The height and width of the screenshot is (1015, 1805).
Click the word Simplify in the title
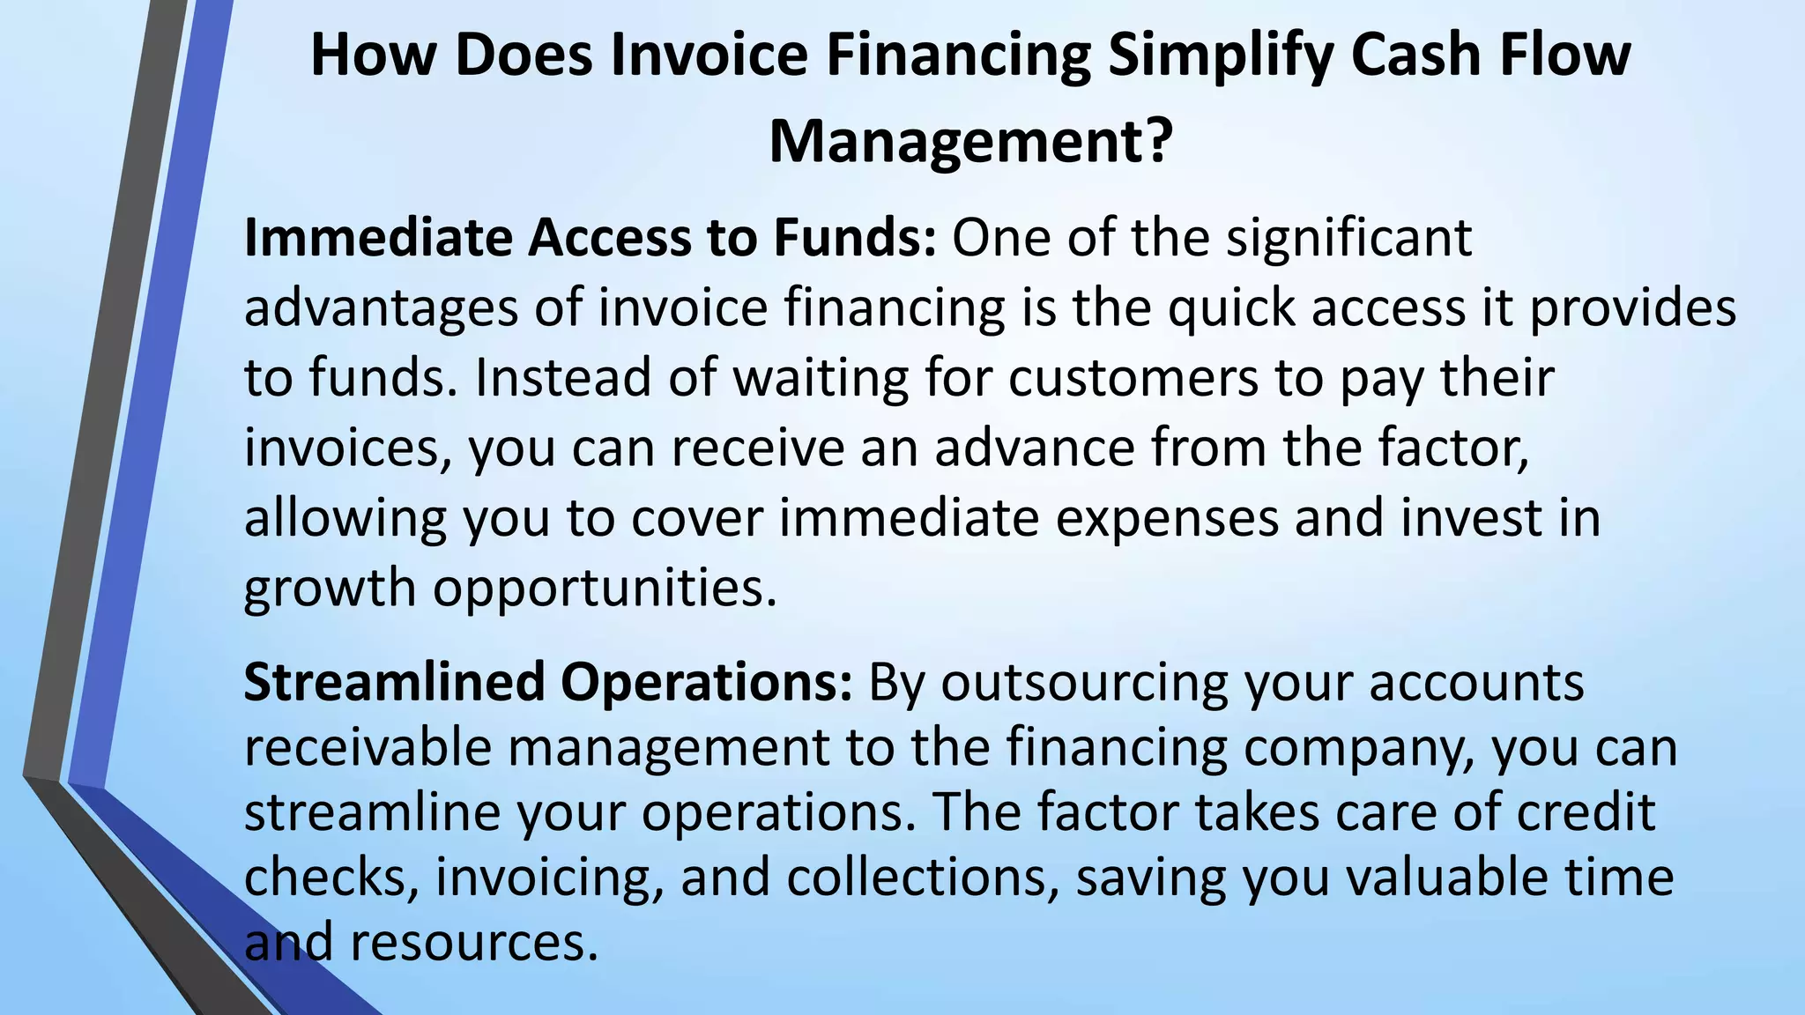tap(1220, 55)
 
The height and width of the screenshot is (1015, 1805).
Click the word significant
tap(1348, 238)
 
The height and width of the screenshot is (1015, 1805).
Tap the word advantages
tap(381, 308)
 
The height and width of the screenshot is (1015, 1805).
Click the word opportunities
tap(605, 588)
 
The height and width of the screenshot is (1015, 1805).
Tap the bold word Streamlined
tap(394, 682)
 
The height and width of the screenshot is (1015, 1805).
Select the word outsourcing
tap(1085, 682)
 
